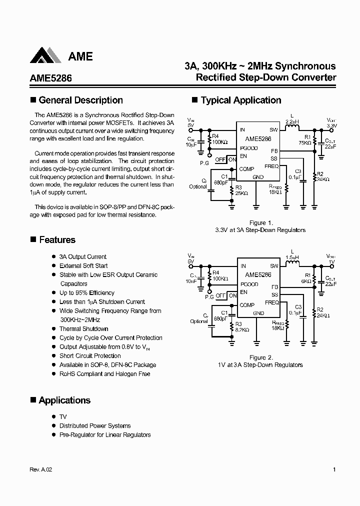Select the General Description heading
(x=80, y=100)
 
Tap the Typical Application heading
(x=240, y=100)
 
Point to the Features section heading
(x=56, y=240)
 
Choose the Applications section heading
(x=64, y=400)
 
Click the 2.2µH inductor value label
(x=292, y=121)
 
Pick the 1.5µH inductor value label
(x=292, y=257)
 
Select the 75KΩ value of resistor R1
(x=305, y=143)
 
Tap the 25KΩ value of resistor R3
(x=242, y=192)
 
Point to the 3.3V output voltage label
(x=332, y=126)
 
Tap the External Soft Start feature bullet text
(x=83, y=265)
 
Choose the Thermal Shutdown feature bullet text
(x=83, y=328)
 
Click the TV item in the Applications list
(x=63, y=416)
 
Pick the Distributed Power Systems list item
(x=95, y=425)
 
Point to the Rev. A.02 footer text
(x=41, y=469)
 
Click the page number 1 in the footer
(x=333, y=469)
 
